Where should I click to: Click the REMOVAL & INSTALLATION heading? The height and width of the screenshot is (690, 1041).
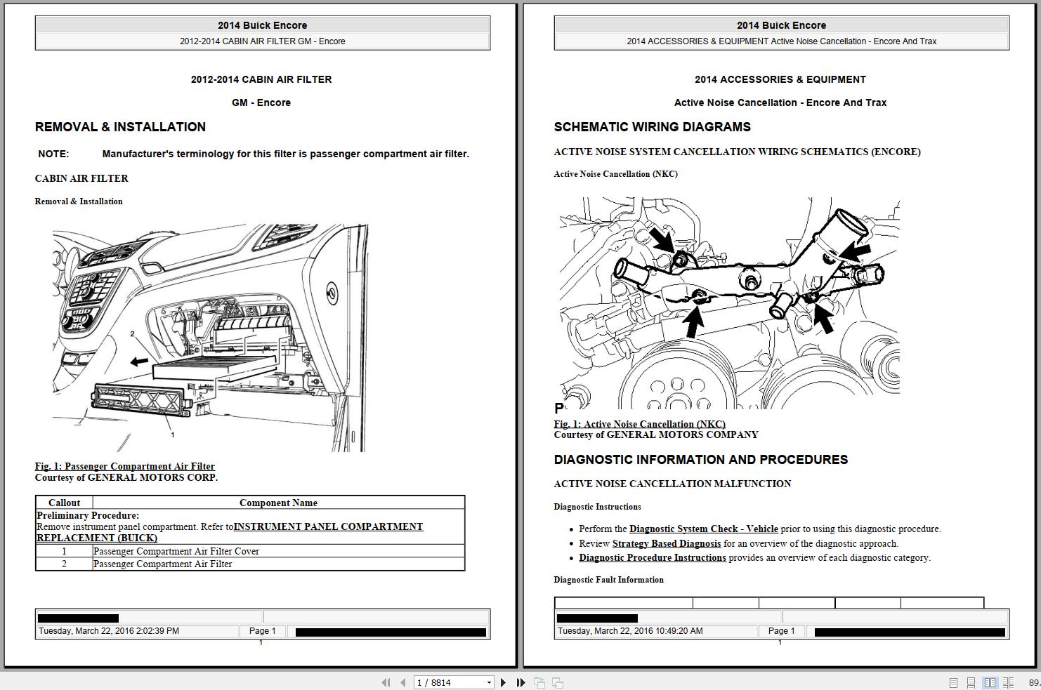click(120, 127)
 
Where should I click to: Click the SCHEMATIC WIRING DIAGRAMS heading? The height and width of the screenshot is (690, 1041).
click(652, 127)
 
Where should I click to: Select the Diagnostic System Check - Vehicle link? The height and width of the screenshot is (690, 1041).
click(703, 529)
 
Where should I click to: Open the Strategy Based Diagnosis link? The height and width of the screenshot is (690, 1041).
click(666, 543)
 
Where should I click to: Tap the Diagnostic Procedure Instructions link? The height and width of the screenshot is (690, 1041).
click(652, 558)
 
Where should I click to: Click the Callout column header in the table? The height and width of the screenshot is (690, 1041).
click(64, 503)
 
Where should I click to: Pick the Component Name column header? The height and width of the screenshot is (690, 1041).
click(278, 503)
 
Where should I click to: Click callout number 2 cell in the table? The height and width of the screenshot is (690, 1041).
click(64, 564)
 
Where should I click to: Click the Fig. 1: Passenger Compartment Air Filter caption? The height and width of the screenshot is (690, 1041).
click(125, 466)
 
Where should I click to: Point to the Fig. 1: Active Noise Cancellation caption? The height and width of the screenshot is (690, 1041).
click(639, 424)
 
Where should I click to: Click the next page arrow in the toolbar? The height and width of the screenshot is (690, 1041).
click(503, 682)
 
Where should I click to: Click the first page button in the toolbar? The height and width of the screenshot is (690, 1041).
click(386, 682)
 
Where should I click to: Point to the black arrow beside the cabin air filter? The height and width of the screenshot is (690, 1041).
click(139, 361)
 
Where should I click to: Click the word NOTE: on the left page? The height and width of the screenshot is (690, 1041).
click(53, 154)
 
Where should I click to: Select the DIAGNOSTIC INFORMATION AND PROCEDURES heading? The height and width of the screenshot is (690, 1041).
click(700, 460)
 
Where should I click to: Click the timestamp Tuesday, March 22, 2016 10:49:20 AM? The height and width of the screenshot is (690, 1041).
click(630, 631)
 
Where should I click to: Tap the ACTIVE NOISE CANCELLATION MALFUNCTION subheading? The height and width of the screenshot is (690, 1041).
click(672, 484)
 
